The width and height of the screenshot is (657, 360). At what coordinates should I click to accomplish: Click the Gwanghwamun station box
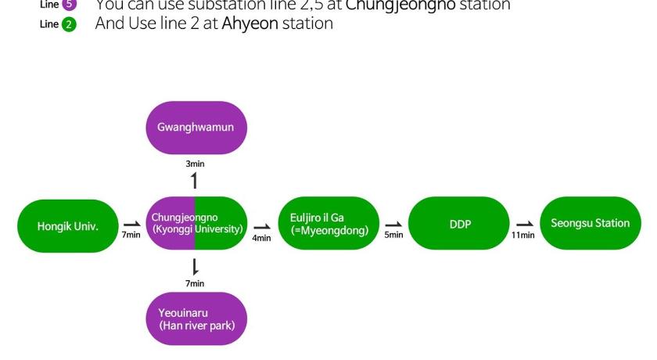click(x=195, y=128)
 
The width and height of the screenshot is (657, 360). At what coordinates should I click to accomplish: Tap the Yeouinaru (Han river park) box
click(x=196, y=319)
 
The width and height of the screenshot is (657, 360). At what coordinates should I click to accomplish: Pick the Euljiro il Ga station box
click(x=328, y=224)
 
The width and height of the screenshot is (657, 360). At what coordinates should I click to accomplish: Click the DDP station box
click(x=459, y=224)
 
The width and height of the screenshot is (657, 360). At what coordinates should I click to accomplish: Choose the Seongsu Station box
click(x=590, y=224)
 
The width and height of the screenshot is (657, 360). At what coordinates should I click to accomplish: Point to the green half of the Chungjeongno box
click(x=222, y=224)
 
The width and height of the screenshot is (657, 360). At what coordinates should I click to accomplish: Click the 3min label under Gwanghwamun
click(x=195, y=164)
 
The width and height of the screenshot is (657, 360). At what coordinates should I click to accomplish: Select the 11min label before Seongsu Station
click(x=524, y=236)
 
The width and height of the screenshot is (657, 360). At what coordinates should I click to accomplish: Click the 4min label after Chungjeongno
click(x=262, y=238)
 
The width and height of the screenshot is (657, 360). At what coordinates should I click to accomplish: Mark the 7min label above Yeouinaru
click(x=195, y=283)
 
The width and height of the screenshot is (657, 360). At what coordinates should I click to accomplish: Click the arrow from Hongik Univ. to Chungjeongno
click(x=131, y=224)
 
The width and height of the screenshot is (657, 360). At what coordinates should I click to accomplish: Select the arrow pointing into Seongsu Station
click(x=524, y=224)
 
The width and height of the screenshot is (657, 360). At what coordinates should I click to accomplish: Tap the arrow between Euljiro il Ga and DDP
click(x=393, y=224)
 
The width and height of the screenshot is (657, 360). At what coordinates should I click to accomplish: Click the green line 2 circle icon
click(x=69, y=24)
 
